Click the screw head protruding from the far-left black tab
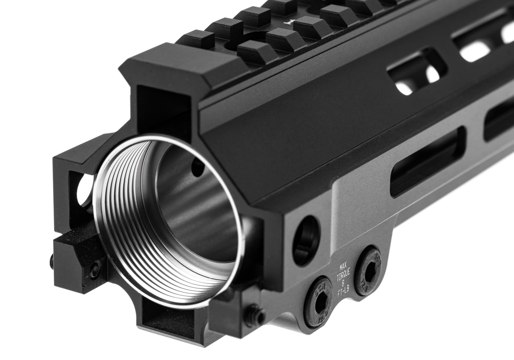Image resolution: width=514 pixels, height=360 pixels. point(52,262)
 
